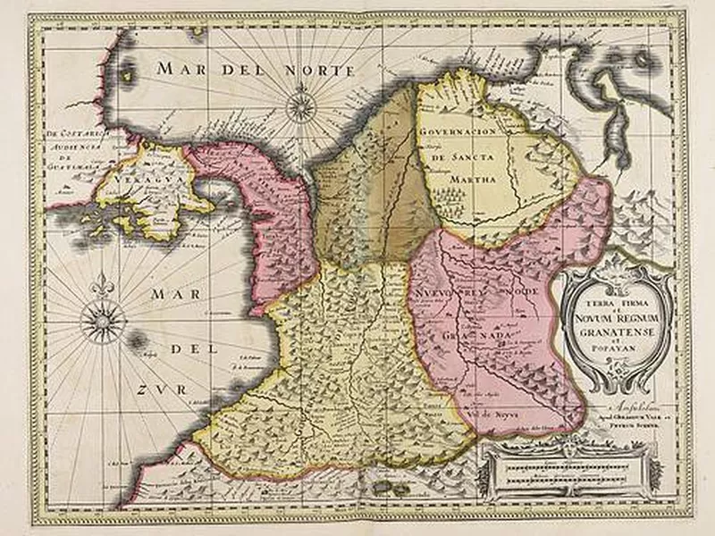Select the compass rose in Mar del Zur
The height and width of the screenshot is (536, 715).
100,320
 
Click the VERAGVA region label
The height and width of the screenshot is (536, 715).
135,179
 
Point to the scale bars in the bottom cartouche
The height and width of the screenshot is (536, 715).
571,467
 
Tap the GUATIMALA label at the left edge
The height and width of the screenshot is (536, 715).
76,156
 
